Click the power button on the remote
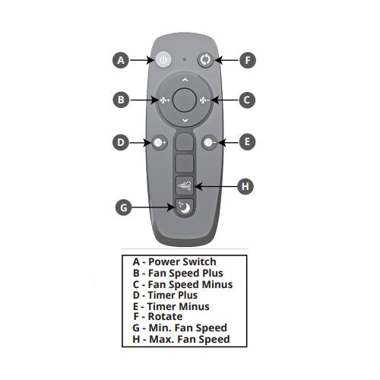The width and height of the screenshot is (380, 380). pos(163,59)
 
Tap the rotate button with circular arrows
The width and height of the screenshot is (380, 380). pos(205,60)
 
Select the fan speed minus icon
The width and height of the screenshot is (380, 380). pos(204,100)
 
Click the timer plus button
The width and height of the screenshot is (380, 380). pos(159,142)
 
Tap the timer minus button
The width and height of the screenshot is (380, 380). pos(210,142)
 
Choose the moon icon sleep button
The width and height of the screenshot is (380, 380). pos(184,208)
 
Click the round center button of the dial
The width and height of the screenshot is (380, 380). pos(184,100)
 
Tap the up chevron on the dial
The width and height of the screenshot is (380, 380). pos(185,80)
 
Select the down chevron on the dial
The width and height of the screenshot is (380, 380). pos(185,121)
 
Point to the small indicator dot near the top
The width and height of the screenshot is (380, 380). pos(185,59)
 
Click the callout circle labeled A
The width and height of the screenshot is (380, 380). pos(121,60)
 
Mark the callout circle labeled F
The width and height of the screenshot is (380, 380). pos(248,60)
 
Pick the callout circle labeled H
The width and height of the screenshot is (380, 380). pos(245,187)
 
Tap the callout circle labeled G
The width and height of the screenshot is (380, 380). pos(123,207)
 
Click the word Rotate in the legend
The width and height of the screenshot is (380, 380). pos(165,317)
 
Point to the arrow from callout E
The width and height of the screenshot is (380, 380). pos(228,142)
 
